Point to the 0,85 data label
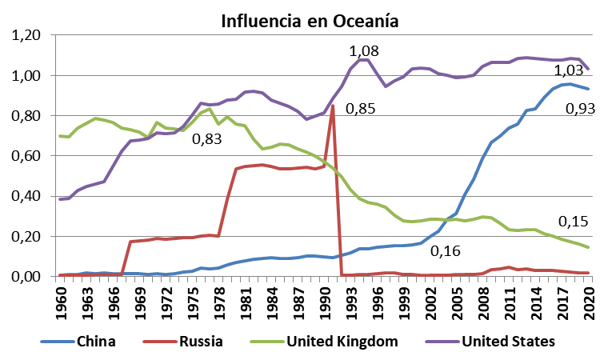click(x=360, y=108)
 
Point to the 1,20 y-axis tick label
click(x=24, y=36)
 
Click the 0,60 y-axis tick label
click(x=24, y=156)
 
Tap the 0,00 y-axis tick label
click(x=24, y=277)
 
